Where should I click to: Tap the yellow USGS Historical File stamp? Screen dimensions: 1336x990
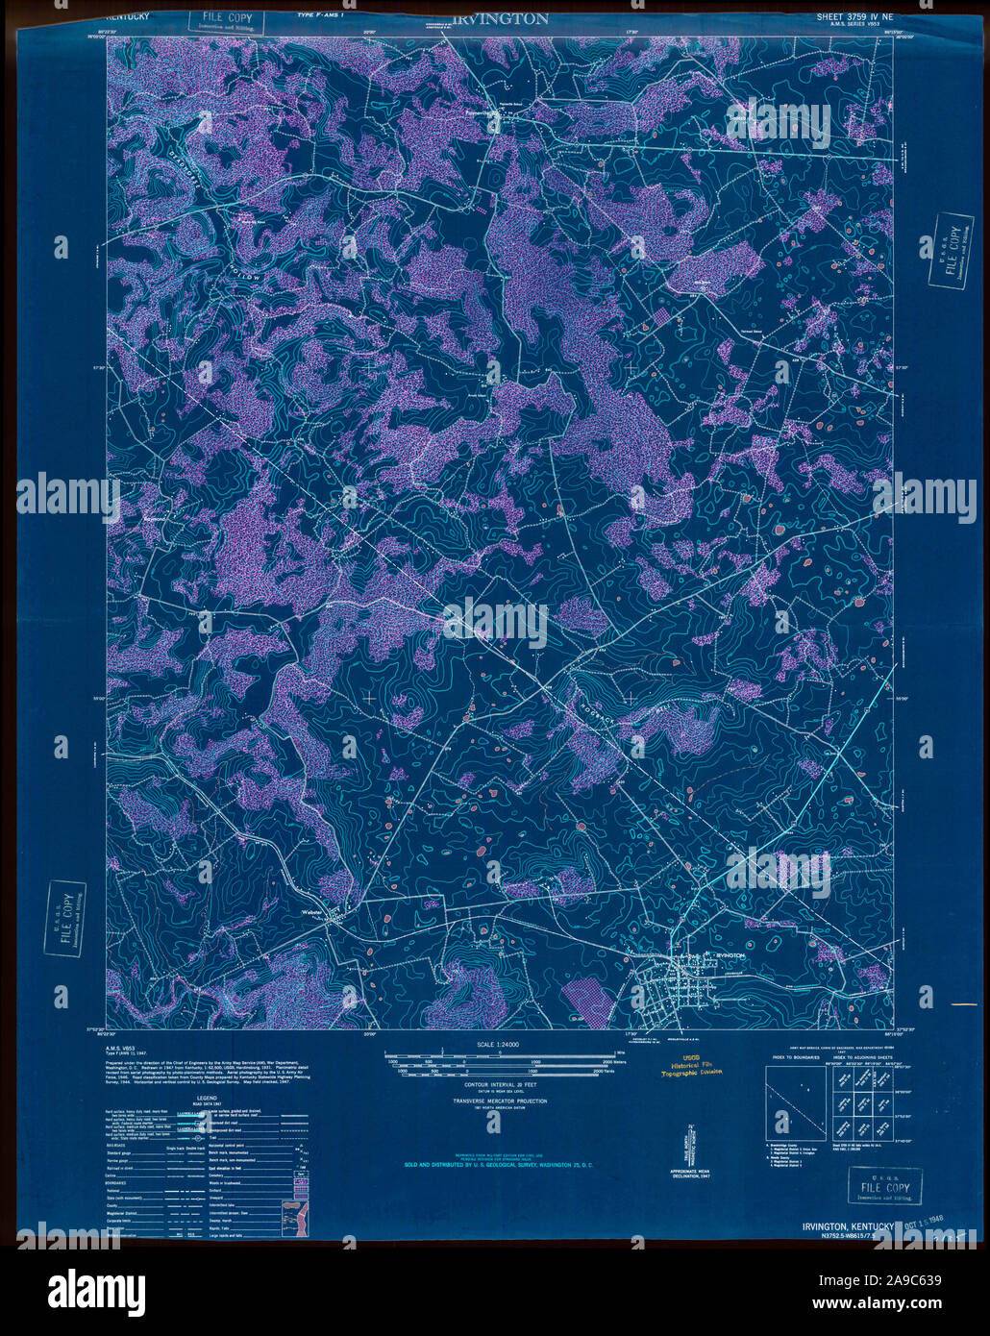684,1067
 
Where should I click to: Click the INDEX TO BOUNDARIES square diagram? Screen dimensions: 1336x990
794,1101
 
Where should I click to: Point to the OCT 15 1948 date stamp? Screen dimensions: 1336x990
925,1226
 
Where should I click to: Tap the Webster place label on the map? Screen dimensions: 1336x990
309,911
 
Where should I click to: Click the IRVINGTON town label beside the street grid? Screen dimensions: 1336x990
730,954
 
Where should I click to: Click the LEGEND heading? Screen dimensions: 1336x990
206,1098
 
